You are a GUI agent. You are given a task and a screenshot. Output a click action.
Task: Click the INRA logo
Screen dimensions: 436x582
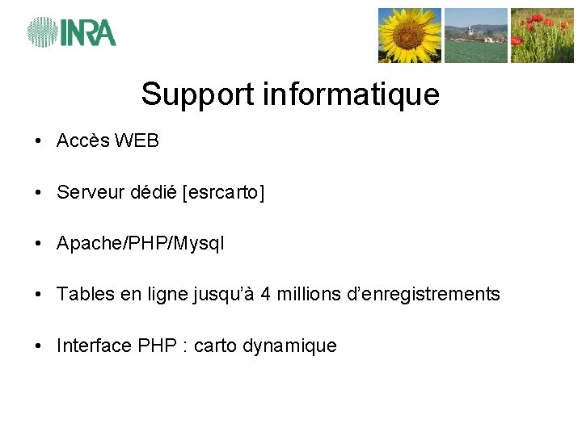(72, 32)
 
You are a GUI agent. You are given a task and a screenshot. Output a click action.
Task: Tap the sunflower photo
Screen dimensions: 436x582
(410, 36)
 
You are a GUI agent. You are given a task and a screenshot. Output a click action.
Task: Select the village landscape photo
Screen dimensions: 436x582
(476, 36)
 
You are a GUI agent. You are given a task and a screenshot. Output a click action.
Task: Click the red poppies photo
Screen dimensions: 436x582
(542, 36)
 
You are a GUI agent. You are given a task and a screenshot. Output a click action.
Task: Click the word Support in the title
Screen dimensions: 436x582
(198, 95)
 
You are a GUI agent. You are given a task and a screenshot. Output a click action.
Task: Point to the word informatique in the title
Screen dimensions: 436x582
(352, 94)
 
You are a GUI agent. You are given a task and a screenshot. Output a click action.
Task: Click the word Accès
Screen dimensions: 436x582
(83, 141)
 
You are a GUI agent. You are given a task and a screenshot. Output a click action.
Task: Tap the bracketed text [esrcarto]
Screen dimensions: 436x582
(224, 193)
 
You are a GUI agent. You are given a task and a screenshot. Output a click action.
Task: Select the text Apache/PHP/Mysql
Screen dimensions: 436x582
(141, 244)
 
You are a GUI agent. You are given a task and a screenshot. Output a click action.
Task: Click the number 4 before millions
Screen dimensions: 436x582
(266, 295)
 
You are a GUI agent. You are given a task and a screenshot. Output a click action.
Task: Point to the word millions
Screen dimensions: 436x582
(306, 295)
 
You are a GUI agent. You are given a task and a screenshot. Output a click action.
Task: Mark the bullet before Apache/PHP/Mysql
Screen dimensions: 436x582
(39, 244)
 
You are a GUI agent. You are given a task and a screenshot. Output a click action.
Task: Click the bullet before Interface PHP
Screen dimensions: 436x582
(39, 346)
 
